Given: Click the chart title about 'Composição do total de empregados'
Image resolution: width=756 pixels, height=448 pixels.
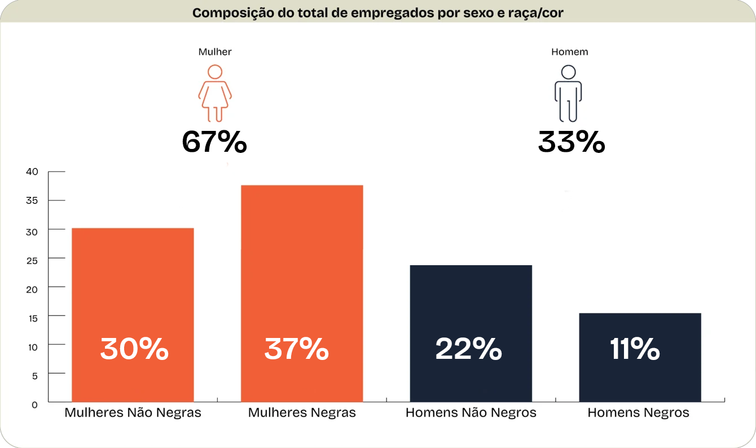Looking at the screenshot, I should click(377, 13).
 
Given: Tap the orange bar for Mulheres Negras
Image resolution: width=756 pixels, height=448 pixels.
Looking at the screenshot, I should click(302, 271).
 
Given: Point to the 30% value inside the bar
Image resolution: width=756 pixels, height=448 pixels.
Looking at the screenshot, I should click(134, 349).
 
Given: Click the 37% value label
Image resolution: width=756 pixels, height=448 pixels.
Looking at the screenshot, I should click(297, 349).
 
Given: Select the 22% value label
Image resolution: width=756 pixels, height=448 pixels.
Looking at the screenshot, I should click(468, 349).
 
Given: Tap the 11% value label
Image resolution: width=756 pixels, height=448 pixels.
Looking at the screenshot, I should click(635, 349).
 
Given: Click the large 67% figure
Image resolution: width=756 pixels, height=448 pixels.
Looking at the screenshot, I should click(214, 142).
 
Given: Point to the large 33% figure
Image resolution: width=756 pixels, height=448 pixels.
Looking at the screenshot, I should click(571, 142).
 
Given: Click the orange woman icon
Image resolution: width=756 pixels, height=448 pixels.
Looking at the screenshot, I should click(214, 94).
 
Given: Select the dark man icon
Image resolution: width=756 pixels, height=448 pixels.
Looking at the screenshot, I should click(568, 94).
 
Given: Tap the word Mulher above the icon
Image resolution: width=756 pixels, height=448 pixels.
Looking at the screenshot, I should click(214, 52).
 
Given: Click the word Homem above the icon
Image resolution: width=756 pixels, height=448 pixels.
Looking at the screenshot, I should click(569, 52).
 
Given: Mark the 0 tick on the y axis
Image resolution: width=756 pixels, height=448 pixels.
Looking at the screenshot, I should click(34, 405).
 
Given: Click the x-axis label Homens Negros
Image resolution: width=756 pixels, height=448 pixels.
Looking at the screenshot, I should click(638, 413).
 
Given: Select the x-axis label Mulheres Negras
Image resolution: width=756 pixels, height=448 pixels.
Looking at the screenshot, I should click(302, 413).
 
